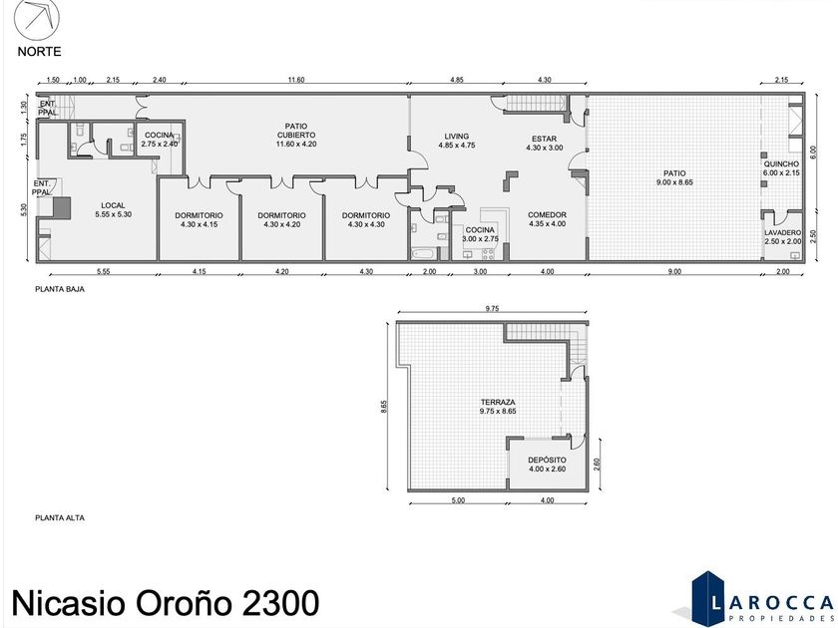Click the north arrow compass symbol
pyautogui.click(x=36, y=18)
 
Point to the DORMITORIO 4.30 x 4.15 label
pyautogui.click(x=199, y=220)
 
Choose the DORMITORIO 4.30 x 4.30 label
pyautogui.click(x=366, y=220)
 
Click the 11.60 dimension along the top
pyautogui.click(x=296, y=80)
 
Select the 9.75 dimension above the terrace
pyautogui.click(x=492, y=308)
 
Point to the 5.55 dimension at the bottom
pyautogui.click(x=103, y=271)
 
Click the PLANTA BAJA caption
pyautogui.click(x=60, y=289)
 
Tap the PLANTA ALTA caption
pyautogui.click(x=60, y=517)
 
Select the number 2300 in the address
pyautogui.click(x=281, y=603)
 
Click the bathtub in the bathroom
pyautogui.click(x=424, y=253)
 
